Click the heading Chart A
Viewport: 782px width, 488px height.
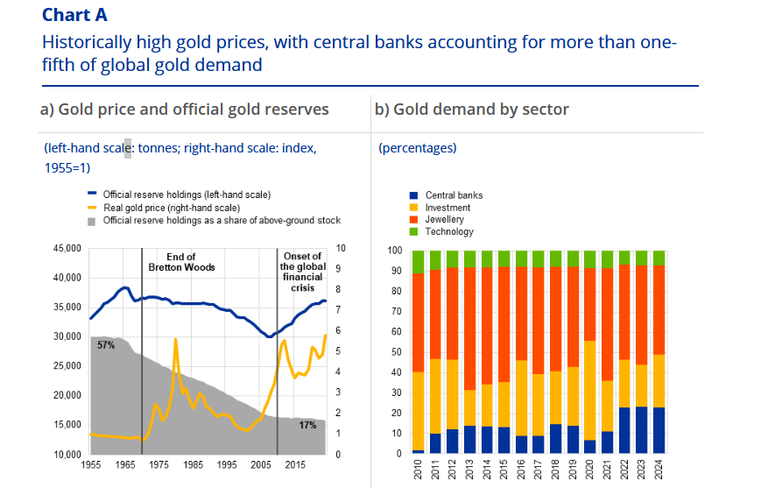(x=74, y=15)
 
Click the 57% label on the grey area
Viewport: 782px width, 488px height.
(x=106, y=345)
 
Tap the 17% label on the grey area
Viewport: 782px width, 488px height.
(x=307, y=425)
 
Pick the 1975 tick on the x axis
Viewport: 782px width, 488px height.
(x=158, y=464)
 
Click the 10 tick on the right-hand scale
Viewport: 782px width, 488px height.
(x=341, y=249)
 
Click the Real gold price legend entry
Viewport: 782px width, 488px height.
(x=171, y=208)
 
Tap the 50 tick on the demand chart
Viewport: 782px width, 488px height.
(x=394, y=352)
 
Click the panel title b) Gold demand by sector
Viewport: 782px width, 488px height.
(x=472, y=110)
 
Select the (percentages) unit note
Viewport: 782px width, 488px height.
(x=418, y=148)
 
